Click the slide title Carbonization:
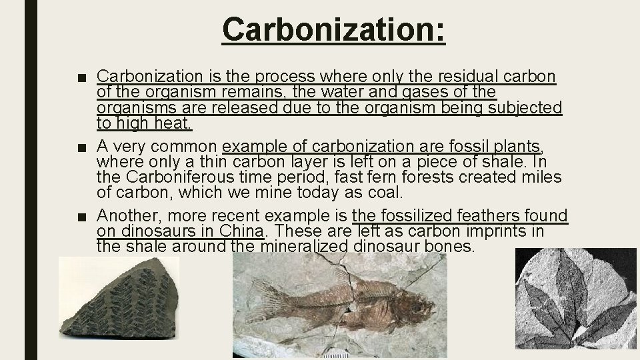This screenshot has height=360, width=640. (x=333, y=29)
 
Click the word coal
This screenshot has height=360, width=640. (x=385, y=193)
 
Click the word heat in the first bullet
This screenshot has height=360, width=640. (x=173, y=123)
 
